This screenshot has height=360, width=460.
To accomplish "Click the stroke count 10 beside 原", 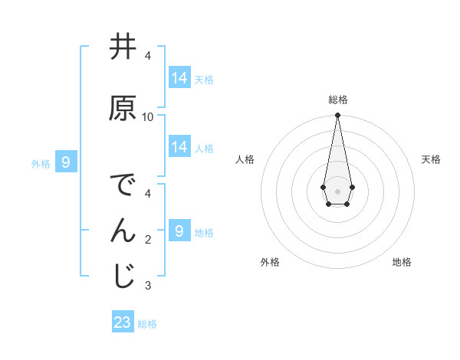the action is coord(148,117).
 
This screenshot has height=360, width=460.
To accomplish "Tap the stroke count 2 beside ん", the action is coord(148,240).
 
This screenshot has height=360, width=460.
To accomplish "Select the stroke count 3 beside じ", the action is coord(148,286).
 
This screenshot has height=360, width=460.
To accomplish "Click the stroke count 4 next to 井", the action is coord(148,56).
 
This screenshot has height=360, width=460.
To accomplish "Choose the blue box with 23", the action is coord(123,322).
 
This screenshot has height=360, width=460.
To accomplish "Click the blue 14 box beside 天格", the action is coord(179,77).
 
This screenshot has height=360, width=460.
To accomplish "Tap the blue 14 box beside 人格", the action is coord(179,147).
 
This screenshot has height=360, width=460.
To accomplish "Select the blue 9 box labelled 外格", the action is coord(66,162).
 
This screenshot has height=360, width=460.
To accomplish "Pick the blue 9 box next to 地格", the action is coord(179,231).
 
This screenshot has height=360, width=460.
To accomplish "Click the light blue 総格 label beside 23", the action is coord(147,324).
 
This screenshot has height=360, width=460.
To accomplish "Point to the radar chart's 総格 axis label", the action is coord(338,100).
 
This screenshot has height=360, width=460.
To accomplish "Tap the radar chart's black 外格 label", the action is coord(270,263).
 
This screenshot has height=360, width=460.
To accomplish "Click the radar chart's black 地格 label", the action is coord(402,263).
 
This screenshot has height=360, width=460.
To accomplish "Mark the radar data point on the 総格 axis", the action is coord(337,116).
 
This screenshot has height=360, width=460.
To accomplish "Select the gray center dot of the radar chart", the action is coord(337,190).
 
